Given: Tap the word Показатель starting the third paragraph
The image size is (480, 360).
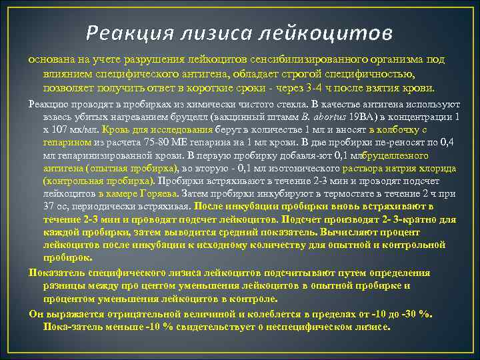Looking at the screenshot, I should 58,273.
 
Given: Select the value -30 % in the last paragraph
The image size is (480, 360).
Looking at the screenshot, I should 416,314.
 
